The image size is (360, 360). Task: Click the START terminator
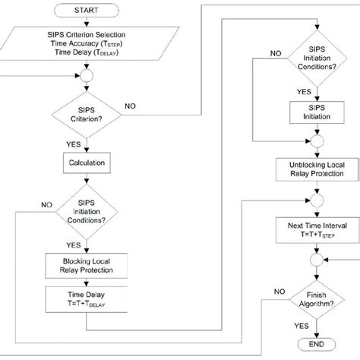pyautogui.click(x=84, y=11)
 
